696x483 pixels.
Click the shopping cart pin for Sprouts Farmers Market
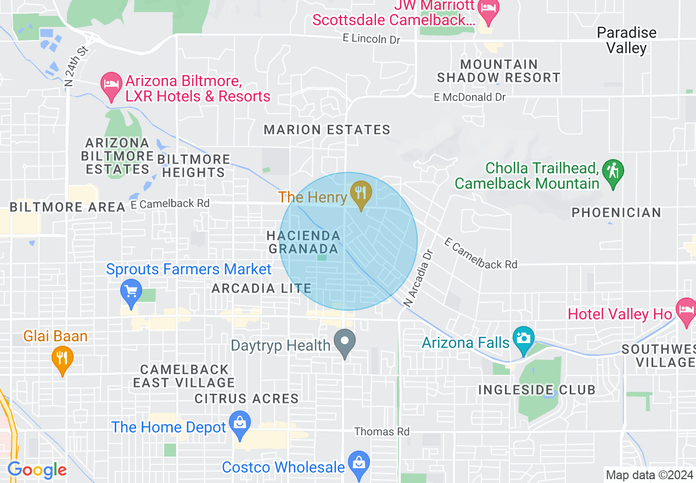tap(131, 291)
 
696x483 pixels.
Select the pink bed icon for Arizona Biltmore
tap(111, 86)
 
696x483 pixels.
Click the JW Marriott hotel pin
tap(487, 9)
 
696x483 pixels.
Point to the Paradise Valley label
tap(626, 40)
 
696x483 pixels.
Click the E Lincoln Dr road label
tap(371, 39)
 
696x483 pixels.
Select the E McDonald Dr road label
tap(469, 97)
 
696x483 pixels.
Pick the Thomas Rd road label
tap(381, 432)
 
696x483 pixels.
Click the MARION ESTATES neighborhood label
tap(327, 130)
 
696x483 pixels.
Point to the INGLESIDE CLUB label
tap(536, 390)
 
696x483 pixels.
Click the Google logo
tap(37, 470)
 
